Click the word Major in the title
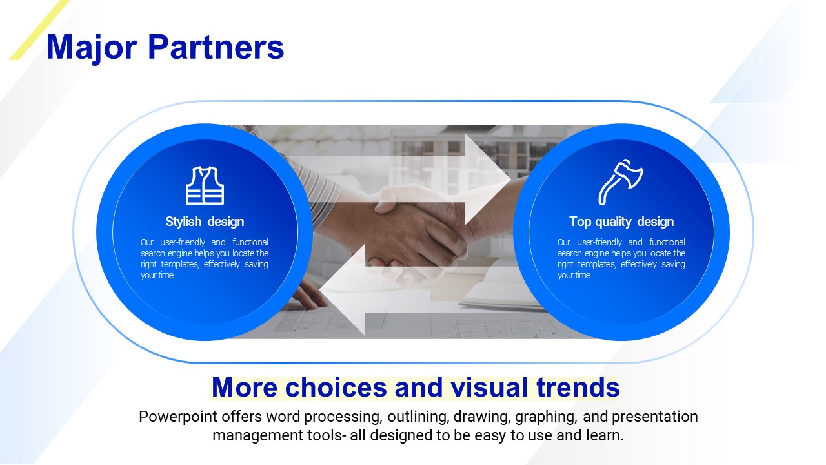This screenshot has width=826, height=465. point(92,48)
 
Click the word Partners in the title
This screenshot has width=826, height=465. point(216,47)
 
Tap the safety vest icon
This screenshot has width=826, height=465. point(205,185)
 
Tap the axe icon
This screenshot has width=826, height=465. point(621,182)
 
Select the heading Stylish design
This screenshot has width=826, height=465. point(205,222)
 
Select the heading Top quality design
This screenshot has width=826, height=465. point(621,222)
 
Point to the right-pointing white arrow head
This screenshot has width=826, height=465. point(487,179)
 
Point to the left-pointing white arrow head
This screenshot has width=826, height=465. point(342,290)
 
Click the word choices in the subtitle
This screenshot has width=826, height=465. point(336,387)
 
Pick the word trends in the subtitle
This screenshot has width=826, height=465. point(578,387)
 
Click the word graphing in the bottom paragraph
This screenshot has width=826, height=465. point(546,417)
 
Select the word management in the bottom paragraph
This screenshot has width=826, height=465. point(257,436)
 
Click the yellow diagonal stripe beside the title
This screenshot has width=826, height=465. point(39,30)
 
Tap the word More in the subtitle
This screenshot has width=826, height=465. point(244,387)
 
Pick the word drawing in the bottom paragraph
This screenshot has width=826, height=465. point(482,417)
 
